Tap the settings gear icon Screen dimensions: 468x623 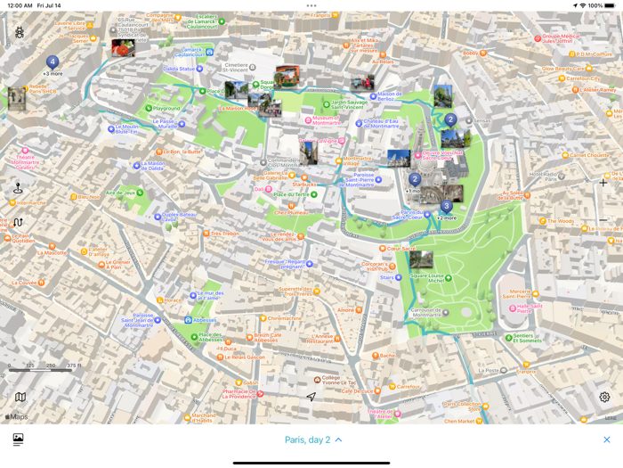(604, 398)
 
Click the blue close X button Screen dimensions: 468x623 (607, 439)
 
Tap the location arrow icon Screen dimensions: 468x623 (311, 397)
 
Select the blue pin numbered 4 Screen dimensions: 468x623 (53, 62)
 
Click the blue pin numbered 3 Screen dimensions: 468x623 (446, 206)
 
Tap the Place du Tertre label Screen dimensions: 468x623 (291, 194)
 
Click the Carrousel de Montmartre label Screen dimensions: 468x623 (427, 313)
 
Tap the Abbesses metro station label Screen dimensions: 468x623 (203, 319)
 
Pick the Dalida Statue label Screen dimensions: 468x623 (179, 69)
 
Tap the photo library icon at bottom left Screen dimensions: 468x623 (18, 439)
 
